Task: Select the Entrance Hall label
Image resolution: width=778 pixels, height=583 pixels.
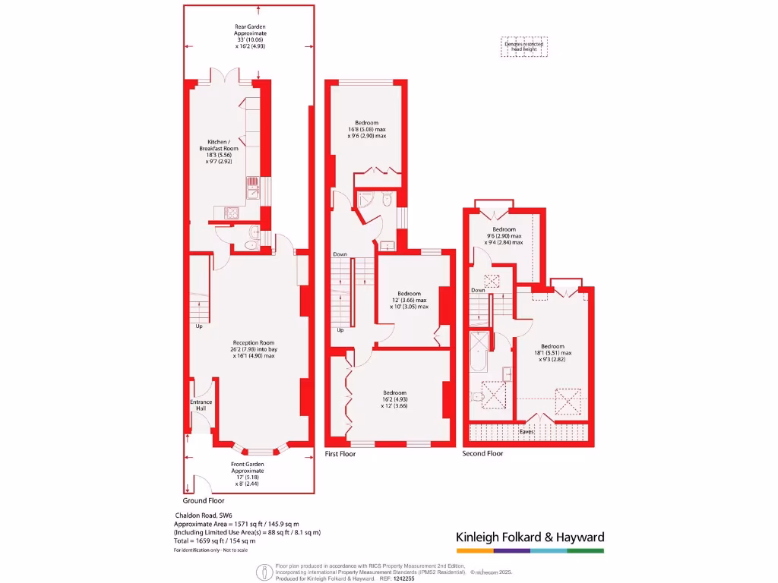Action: click(x=201, y=405)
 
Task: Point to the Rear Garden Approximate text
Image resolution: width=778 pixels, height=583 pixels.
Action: click(x=250, y=36)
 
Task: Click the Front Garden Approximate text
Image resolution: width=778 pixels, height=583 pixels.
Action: click(x=248, y=472)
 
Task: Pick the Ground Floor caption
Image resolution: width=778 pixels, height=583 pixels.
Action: click(x=204, y=501)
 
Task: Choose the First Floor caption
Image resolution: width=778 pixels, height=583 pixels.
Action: click(x=340, y=454)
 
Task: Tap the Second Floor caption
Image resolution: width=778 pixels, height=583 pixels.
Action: click(x=483, y=454)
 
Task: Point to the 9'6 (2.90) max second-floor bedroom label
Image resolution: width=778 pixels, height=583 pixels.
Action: click(x=504, y=235)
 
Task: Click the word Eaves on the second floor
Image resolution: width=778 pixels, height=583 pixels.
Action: click(x=527, y=432)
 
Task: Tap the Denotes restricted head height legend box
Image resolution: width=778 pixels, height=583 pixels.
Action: click(x=524, y=47)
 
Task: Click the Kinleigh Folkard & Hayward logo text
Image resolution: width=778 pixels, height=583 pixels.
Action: click(x=530, y=537)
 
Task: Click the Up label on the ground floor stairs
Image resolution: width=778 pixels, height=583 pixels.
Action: click(x=199, y=326)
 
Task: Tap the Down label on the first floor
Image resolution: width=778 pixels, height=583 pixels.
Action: click(x=340, y=254)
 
